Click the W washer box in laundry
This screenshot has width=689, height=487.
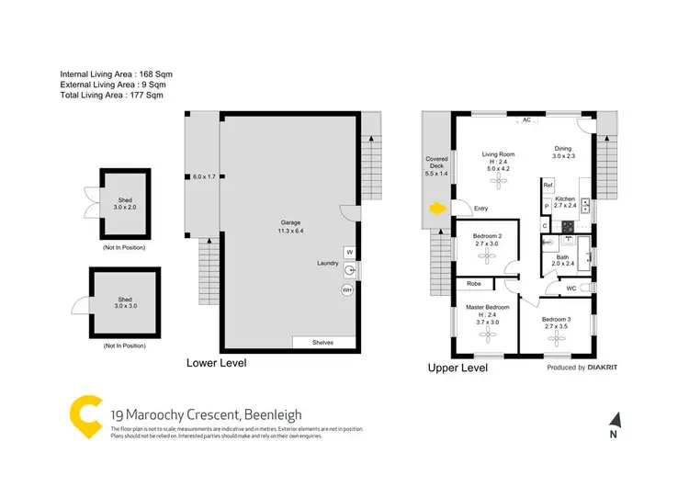[x=349, y=252]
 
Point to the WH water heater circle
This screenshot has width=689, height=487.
[x=347, y=289]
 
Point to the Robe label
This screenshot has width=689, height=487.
[x=474, y=284]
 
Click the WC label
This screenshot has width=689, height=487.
[x=571, y=289]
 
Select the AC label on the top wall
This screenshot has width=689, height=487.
[x=526, y=120]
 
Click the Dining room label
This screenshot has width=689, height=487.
[x=565, y=151]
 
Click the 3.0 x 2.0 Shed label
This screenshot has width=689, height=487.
[x=124, y=203]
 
